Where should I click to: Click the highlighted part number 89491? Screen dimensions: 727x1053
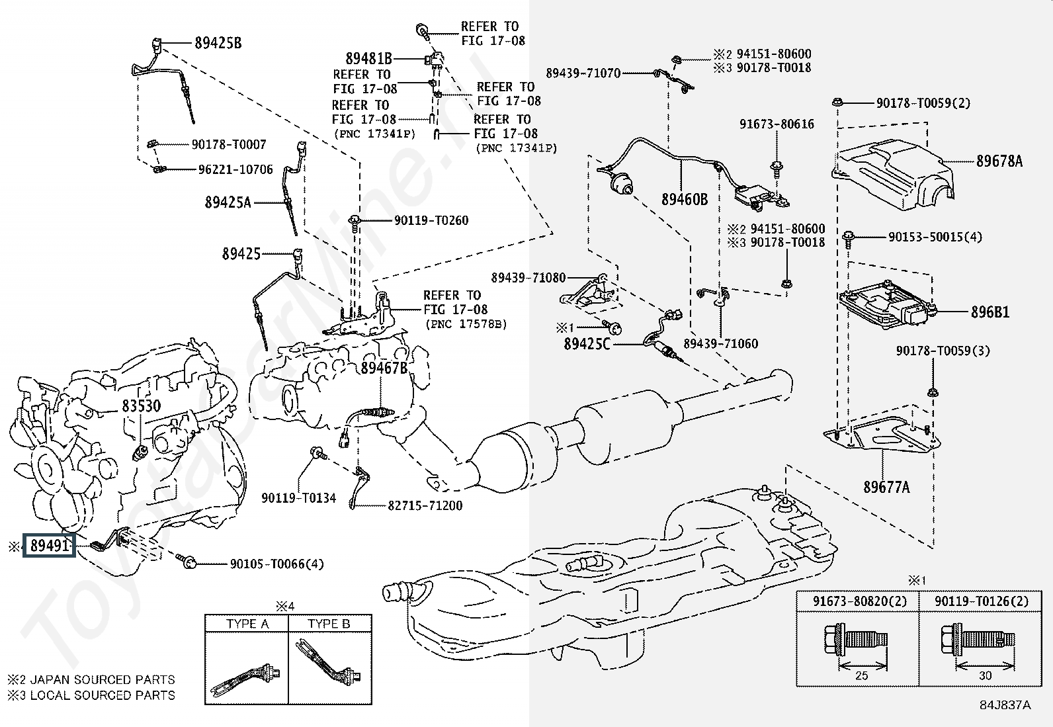[50, 546]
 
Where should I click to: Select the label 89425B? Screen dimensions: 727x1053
[218, 43]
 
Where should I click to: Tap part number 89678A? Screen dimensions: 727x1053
[999, 161]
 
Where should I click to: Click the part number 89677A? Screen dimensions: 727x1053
[886, 488]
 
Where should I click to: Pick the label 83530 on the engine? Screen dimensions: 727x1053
[140, 406]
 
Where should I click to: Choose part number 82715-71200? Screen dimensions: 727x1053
[425, 505]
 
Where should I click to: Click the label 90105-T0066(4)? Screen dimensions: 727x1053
[276, 564]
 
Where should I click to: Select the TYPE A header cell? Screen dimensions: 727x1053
[247, 623]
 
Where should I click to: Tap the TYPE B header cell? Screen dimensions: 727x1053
[329, 623]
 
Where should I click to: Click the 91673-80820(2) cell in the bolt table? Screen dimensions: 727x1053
[860, 601]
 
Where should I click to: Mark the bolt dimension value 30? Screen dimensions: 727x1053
[985, 675]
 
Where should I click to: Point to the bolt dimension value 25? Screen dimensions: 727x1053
[861, 675]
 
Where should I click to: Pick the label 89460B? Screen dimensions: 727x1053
[684, 198]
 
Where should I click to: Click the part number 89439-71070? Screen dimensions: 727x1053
[583, 73]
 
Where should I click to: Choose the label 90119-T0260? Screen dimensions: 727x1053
[431, 220]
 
